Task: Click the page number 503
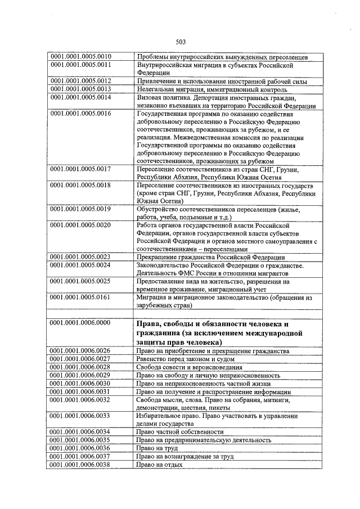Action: click(180, 42)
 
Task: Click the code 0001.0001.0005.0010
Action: click(81, 57)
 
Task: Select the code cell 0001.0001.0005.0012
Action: click(81, 81)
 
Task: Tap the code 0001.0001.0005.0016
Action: click(81, 114)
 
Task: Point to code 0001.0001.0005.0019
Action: click(81, 209)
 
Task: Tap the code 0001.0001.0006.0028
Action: click(81, 367)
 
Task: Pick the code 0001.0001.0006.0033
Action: click(81, 416)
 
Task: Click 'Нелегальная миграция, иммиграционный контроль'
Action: click(211, 89)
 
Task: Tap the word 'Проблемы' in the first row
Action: click(154, 57)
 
